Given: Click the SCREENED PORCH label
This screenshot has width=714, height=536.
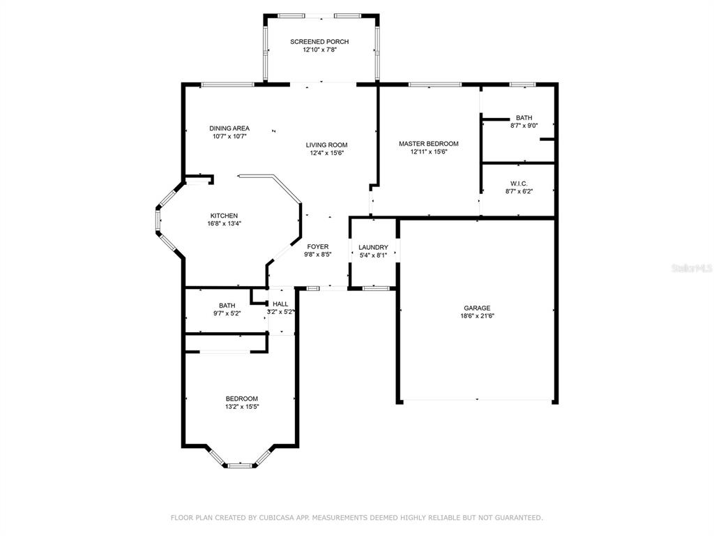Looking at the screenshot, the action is pyautogui.click(x=319, y=41).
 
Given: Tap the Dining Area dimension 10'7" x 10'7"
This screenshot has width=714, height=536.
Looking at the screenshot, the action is pyautogui.click(x=229, y=136).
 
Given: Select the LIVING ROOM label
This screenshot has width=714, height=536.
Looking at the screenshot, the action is pyautogui.click(x=326, y=145).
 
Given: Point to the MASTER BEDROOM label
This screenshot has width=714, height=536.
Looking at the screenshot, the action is pyautogui.click(x=429, y=144).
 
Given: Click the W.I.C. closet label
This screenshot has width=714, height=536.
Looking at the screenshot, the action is pyautogui.click(x=519, y=184).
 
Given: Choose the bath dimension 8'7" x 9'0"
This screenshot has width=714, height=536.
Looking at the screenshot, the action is pyautogui.click(x=524, y=126).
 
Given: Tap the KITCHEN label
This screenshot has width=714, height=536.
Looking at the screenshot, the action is pyautogui.click(x=224, y=216).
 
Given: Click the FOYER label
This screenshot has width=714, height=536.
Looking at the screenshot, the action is pyautogui.click(x=318, y=246).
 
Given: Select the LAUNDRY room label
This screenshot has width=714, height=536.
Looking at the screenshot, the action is pyautogui.click(x=374, y=248).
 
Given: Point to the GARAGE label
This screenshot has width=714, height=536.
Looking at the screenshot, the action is pyautogui.click(x=477, y=308).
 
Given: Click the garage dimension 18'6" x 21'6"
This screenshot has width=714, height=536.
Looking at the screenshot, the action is pyautogui.click(x=477, y=316).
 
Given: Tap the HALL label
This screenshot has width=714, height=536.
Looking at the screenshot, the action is pyautogui.click(x=280, y=304).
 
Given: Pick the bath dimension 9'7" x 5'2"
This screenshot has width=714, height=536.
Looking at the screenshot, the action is pyautogui.click(x=227, y=313).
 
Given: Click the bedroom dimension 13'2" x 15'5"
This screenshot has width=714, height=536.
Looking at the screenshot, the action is pyautogui.click(x=242, y=407).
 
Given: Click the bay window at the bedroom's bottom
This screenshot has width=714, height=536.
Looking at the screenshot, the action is pyautogui.click(x=240, y=466).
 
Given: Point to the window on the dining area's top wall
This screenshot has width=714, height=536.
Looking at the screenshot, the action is pyautogui.click(x=228, y=84).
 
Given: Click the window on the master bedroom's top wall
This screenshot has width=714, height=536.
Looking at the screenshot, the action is pyautogui.click(x=435, y=84).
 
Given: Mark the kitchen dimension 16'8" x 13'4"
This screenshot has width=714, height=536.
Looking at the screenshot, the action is pyautogui.click(x=224, y=224).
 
